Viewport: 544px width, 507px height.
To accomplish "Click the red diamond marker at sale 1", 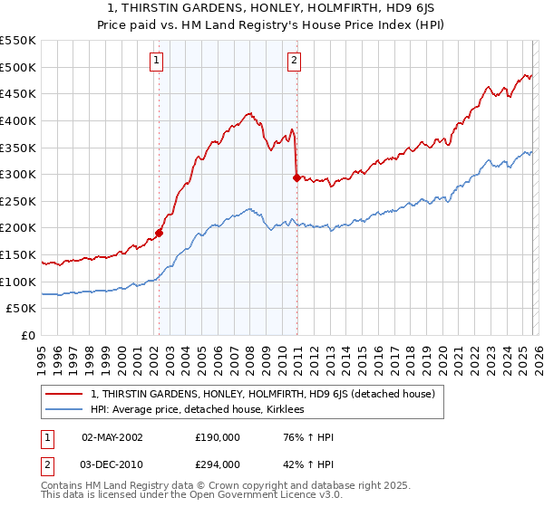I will pyautogui.click(x=159, y=233).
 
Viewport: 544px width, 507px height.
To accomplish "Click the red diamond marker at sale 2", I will pyautogui.click(x=296, y=177).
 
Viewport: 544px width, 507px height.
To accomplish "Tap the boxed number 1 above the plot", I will pyautogui.click(x=157, y=61).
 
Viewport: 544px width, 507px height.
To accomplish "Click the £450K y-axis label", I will pyautogui.click(x=18, y=93).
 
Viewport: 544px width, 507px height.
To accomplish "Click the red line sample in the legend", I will pyautogui.click(x=65, y=394).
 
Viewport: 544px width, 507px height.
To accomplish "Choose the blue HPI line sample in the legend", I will pyautogui.click(x=65, y=410).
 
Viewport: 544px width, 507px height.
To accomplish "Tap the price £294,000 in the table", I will pyautogui.click(x=218, y=464).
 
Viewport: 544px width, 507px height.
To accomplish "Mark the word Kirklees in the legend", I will pyautogui.click(x=291, y=410).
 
